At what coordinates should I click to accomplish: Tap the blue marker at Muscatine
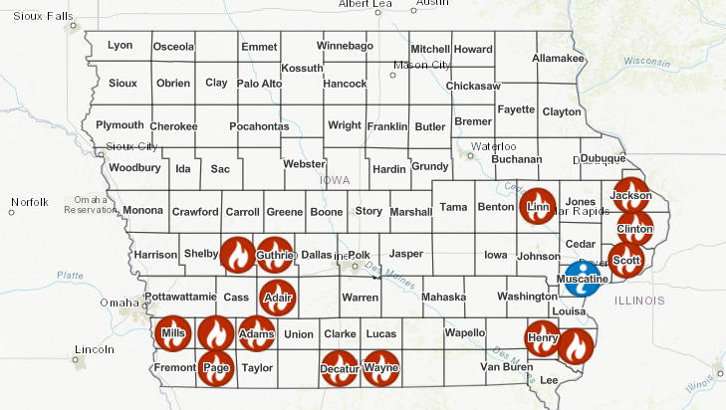582,280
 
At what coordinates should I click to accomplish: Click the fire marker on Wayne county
380,368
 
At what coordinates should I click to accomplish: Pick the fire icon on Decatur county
339,368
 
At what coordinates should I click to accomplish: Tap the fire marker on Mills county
173,333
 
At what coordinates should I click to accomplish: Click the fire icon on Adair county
276,297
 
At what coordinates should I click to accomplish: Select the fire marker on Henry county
543,337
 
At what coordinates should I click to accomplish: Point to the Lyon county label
120,46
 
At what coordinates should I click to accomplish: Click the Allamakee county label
559,60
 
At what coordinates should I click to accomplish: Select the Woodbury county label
134,168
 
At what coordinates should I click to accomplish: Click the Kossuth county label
303,68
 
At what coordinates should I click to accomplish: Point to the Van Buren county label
506,368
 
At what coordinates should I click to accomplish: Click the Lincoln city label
96,349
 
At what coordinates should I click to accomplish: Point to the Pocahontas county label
259,126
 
